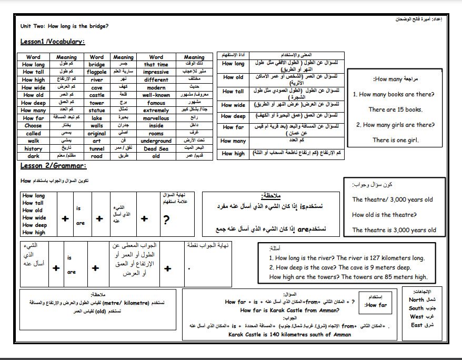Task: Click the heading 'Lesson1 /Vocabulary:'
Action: click(x=53, y=42)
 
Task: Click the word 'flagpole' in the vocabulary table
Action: click(x=97, y=72)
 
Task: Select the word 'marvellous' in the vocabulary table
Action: click(x=156, y=118)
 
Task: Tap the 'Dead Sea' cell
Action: click(x=156, y=149)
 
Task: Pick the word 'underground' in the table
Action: click(x=156, y=141)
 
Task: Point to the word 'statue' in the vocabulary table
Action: click(x=97, y=111)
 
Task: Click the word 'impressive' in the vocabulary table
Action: click(x=156, y=72)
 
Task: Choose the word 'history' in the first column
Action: click(x=33, y=149)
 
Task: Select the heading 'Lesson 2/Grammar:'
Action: click(x=54, y=166)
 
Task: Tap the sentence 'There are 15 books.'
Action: click(x=395, y=109)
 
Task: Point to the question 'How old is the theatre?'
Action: click(x=384, y=215)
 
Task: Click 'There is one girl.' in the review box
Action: click(x=395, y=140)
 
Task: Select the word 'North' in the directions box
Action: click(x=416, y=300)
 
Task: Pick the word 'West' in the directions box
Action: click(x=416, y=317)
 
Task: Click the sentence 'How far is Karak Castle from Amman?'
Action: click(x=285, y=311)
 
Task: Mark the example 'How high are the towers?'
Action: click(x=302, y=277)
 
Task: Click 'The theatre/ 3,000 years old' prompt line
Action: click(x=393, y=199)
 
